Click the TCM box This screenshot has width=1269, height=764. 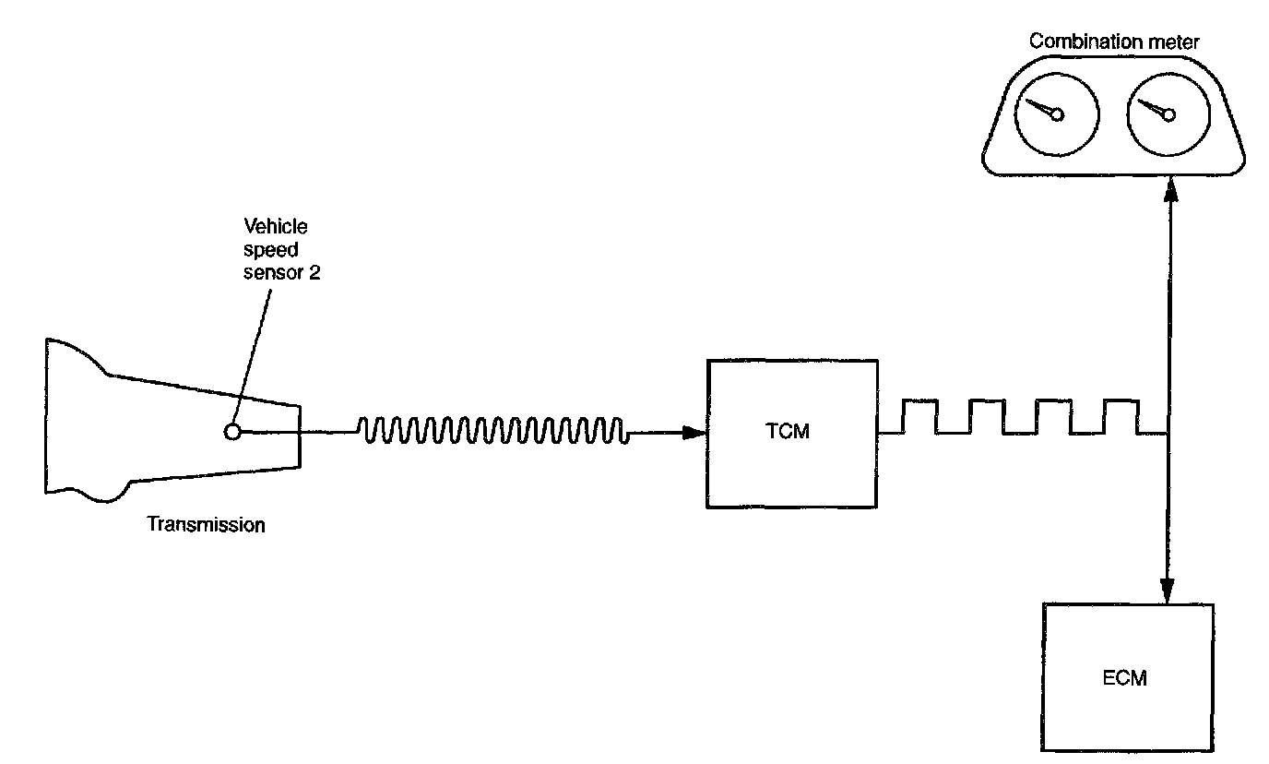[x=790, y=433]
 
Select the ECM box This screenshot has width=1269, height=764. [x=1127, y=678]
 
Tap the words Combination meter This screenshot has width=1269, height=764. [x=1114, y=42]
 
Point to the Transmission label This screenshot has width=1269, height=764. [x=206, y=525]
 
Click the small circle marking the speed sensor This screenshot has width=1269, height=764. [x=233, y=431]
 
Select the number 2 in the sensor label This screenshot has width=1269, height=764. [x=314, y=272]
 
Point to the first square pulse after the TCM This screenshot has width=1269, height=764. [x=919, y=416]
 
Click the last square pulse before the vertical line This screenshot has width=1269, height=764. [x=1121, y=416]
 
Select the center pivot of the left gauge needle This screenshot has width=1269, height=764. [x=1057, y=115]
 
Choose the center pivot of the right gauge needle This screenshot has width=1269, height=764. [x=1169, y=115]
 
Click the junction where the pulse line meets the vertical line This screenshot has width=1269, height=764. [x=1169, y=433]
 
